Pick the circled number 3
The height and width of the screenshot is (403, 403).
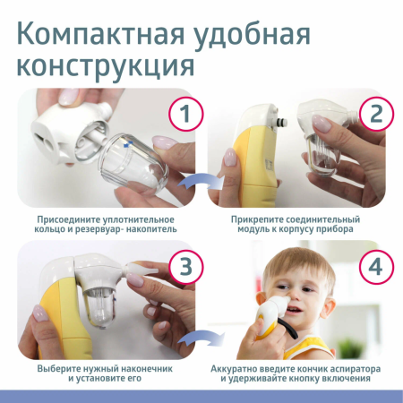point(184,267)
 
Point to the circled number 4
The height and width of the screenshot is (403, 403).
point(374,267)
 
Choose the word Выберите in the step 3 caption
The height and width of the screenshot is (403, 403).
point(63,369)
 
